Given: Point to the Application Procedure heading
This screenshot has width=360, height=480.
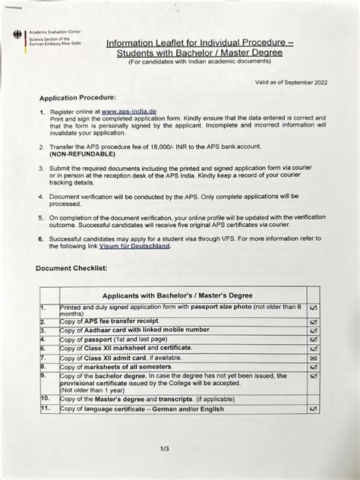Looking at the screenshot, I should pyautogui.click(x=77, y=98).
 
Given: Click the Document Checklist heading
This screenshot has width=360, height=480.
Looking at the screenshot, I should pyautogui.click(x=72, y=269).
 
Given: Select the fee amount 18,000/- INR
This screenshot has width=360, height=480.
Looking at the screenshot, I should pyautogui.click(x=170, y=145).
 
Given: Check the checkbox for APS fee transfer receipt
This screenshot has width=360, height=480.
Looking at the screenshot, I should pyautogui.click(x=314, y=322).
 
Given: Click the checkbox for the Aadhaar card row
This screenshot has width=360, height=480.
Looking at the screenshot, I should pyautogui.click(x=314, y=331).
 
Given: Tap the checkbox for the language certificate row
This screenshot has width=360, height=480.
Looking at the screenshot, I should pyautogui.click(x=314, y=409).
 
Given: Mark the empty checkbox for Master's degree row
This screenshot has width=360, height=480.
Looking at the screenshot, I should pyautogui.click(x=314, y=398).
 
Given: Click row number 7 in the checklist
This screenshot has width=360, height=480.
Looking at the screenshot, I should pyautogui.click(x=44, y=356).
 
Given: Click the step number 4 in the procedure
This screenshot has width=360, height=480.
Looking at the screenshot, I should pyautogui.click(x=42, y=196).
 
